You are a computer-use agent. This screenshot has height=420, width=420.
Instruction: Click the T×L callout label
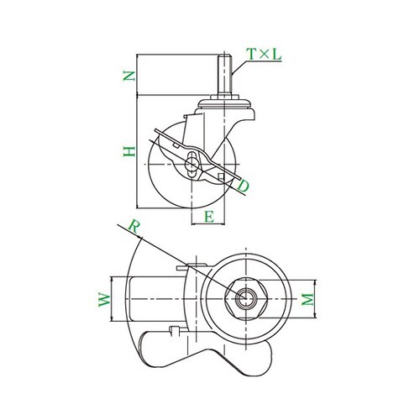(264, 55)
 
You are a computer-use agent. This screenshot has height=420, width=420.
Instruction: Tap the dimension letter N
(129, 76)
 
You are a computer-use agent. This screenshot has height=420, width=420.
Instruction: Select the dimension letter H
(129, 151)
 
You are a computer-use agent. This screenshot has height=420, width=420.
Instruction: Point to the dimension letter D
(243, 186)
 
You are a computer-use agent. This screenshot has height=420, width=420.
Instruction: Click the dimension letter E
(209, 217)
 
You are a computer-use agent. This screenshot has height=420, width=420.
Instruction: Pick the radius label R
(134, 227)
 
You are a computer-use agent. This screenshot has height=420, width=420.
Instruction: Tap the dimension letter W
(105, 300)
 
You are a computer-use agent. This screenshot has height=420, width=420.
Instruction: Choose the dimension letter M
(308, 299)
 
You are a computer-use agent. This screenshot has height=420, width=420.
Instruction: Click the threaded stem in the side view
(224, 75)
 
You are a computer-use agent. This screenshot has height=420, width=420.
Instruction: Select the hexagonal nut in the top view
(246, 299)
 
